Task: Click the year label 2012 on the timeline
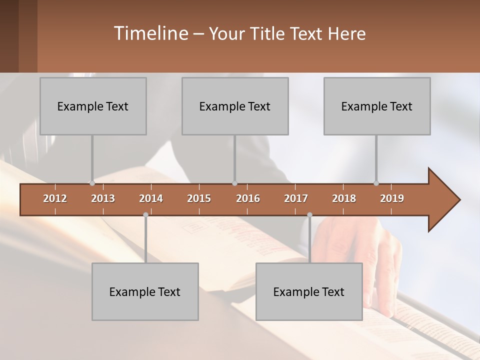[x=55, y=198]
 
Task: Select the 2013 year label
[x=103, y=198]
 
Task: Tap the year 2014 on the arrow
[x=151, y=198]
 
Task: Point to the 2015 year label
[x=199, y=198]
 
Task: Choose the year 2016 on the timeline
[x=248, y=198]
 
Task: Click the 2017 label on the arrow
[x=296, y=198]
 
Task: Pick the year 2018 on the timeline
[x=344, y=198]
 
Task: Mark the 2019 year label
[x=392, y=198]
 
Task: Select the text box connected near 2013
[x=93, y=106]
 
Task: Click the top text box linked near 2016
[x=235, y=106]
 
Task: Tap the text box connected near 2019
[x=377, y=106]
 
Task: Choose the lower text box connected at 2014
[x=145, y=291]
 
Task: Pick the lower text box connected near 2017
[x=309, y=291]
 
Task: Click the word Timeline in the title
[x=150, y=33]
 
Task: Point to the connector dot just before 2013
[x=92, y=183]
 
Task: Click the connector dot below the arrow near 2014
[x=145, y=214]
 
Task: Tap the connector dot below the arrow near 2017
[x=309, y=214]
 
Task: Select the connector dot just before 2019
[x=376, y=183]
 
